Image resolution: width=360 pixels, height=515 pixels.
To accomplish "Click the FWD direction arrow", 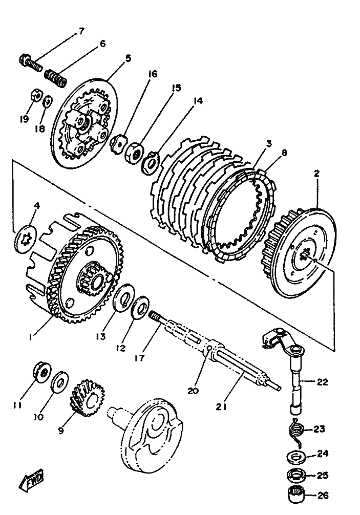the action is point(31,481).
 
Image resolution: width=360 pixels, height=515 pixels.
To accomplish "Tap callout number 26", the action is point(323,496).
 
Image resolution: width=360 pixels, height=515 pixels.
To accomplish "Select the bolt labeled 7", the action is point(31,64).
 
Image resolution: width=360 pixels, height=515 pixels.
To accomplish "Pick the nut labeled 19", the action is point(36,96).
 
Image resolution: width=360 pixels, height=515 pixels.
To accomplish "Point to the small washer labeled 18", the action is point(48,101).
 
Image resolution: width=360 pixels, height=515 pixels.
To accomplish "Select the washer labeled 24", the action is point(297,457).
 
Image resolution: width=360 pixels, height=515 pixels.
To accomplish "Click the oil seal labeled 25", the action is point(297,475).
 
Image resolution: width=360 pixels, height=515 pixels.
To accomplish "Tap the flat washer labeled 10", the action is point(60,382).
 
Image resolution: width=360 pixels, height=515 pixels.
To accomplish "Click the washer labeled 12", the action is point(140,307).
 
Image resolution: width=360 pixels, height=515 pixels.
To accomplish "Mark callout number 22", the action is point(322,382).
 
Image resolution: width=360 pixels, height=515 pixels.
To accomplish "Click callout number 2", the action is point(316,174).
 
